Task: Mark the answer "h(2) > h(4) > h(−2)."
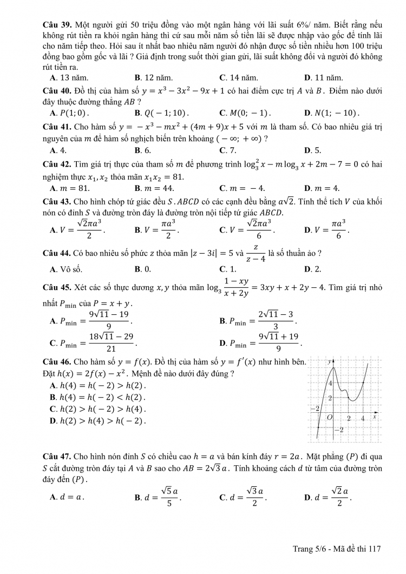point(101,420)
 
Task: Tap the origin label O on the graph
point(329,418)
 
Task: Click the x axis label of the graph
point(374,415)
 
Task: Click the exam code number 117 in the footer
point(375,549)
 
